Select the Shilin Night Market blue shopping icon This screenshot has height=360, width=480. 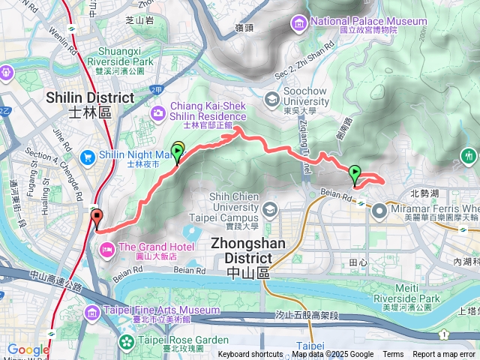(88, 157)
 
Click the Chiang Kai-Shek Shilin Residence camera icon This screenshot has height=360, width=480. (158, 112)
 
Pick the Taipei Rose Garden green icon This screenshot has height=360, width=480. (123, 345)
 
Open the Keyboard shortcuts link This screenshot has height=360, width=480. (250, 355)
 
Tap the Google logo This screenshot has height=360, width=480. (28, 350)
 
